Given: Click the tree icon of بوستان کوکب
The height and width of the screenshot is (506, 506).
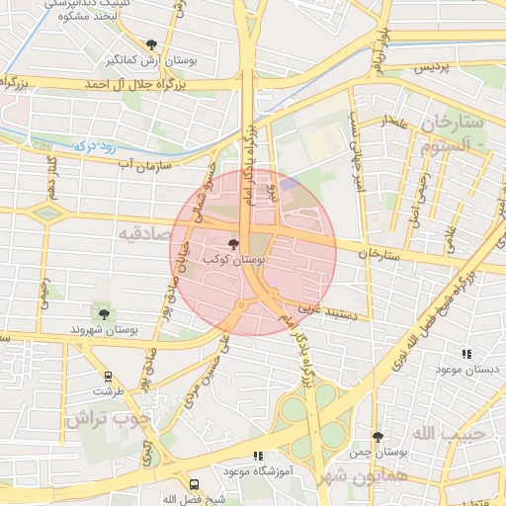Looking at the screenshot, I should pos(233,243).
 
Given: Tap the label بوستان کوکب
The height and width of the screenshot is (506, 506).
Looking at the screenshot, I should pos(233,258).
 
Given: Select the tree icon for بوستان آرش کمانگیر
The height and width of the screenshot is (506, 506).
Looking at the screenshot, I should pos(151,44).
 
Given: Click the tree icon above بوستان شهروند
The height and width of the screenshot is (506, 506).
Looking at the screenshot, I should pos(104,314).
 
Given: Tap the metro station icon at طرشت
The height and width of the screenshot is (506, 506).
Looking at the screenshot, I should pos(108,377).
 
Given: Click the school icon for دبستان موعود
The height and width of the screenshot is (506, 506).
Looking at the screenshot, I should pos(465,353).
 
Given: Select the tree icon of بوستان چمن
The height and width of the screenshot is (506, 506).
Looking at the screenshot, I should pos(378,436).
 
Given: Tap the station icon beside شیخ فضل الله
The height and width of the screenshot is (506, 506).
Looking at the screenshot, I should pos(194,485).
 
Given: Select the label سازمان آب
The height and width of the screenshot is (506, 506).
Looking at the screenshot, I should pos(146,163).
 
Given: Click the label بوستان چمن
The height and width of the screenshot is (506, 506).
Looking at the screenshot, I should pos(378,453).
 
